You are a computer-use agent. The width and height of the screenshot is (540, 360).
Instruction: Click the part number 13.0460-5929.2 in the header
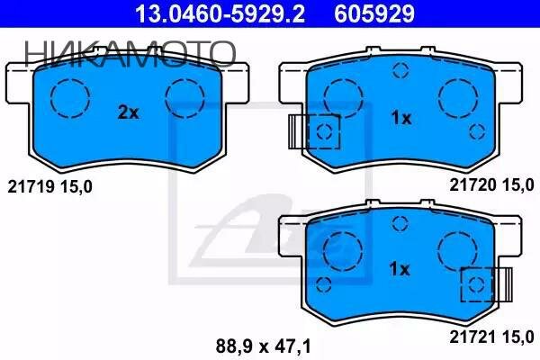click(x=220, y=13)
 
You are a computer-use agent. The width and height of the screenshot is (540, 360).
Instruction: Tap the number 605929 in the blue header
click(x=374, y=13)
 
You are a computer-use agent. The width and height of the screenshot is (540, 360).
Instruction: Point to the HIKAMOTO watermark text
click(x=130, y=54)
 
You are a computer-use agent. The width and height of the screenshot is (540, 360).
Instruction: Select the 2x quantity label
click(x=128, y=112)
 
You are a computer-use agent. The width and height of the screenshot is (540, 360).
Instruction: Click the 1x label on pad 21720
click(x=401, y=118)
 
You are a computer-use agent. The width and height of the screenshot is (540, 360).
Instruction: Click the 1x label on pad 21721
click(x=400, y=269)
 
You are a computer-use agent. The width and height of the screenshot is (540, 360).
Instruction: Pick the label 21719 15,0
click(x=49, y=187)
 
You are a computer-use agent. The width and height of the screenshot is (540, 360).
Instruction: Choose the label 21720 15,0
click(x=491, y=185)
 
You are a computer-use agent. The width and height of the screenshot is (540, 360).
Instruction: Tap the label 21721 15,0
click(x=491, y=337)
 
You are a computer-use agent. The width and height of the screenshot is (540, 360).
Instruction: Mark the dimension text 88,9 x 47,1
click(x=264, y=346)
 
